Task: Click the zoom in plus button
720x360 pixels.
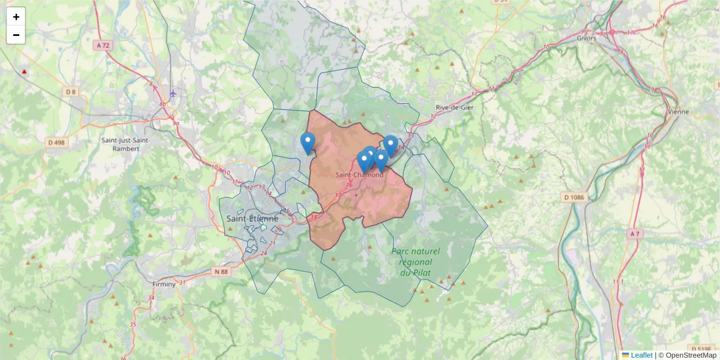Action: [16, 17]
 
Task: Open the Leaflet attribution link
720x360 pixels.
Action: [641, 355]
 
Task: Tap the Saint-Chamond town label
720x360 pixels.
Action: [359, 175]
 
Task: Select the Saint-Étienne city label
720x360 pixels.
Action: [253, 218]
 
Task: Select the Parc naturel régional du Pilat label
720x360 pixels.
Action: [415, 262]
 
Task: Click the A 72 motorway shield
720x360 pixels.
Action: [103, 45]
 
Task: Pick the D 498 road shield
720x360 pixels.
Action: [55, 142]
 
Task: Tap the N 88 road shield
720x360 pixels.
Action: [221, 272]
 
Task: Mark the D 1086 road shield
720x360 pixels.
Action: [574, 197]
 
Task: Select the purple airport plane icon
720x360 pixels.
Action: [173, 93]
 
